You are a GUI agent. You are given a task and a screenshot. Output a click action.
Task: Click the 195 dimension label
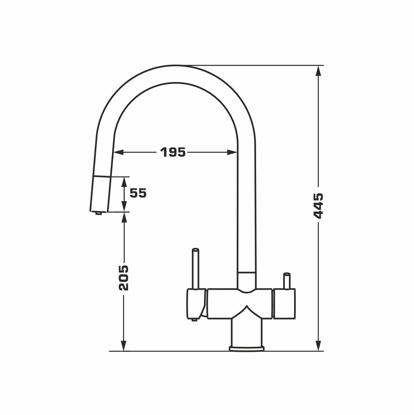(x=173, y=152)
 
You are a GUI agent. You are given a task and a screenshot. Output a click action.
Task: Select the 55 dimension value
(x=138, y=193)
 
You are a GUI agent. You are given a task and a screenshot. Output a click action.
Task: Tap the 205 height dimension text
(x=124, y=278)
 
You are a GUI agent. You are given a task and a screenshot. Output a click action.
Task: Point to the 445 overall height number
(x=318, y=206)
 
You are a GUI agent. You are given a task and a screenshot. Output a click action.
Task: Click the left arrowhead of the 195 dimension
(x=118, y=152)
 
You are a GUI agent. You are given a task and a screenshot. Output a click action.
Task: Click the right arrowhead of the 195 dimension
(x=232, y=152)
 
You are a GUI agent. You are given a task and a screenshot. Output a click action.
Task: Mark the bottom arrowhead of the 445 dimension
(x=318, y=346)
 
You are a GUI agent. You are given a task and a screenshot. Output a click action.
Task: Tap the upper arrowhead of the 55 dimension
(x=124, y=182)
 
